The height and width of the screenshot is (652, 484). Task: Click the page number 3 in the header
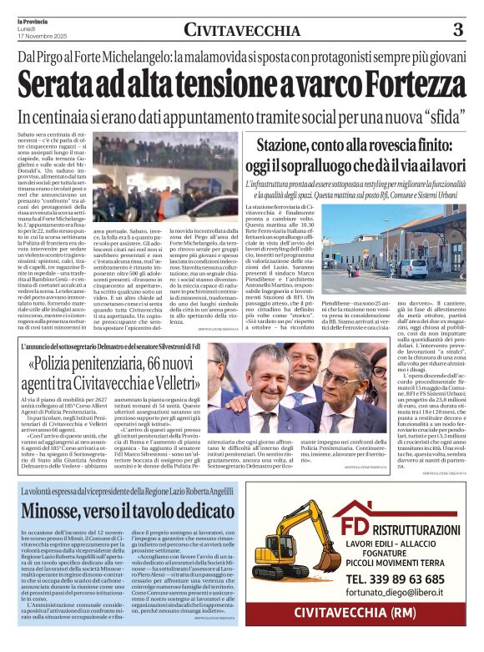457,29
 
